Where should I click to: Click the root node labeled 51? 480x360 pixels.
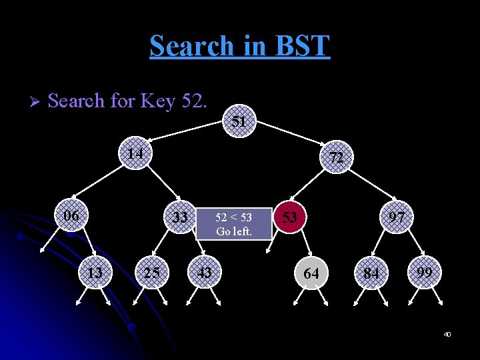tap(239, 121)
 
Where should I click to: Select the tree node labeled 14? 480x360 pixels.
tap(136, 153)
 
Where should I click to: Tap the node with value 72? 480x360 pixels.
tap(336, 158)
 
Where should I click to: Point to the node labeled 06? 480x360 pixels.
tap(71, 216)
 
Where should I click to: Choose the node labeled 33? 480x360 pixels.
tap(180, 218)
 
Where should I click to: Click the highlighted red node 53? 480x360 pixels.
tap(289, 218)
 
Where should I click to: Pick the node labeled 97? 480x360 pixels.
tap(397, 218)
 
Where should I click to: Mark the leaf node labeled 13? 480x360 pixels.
tap(95, 273)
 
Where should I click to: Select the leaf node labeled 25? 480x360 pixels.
tap(151, 273)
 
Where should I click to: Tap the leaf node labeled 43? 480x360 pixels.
tap(205, 273)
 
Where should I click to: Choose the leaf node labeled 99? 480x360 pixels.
tap(425, 273)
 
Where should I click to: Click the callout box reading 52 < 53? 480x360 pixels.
tap(234, 225)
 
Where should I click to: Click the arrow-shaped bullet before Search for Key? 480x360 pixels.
tap(35, 102)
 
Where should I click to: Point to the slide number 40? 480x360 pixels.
tap(447, 334)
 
